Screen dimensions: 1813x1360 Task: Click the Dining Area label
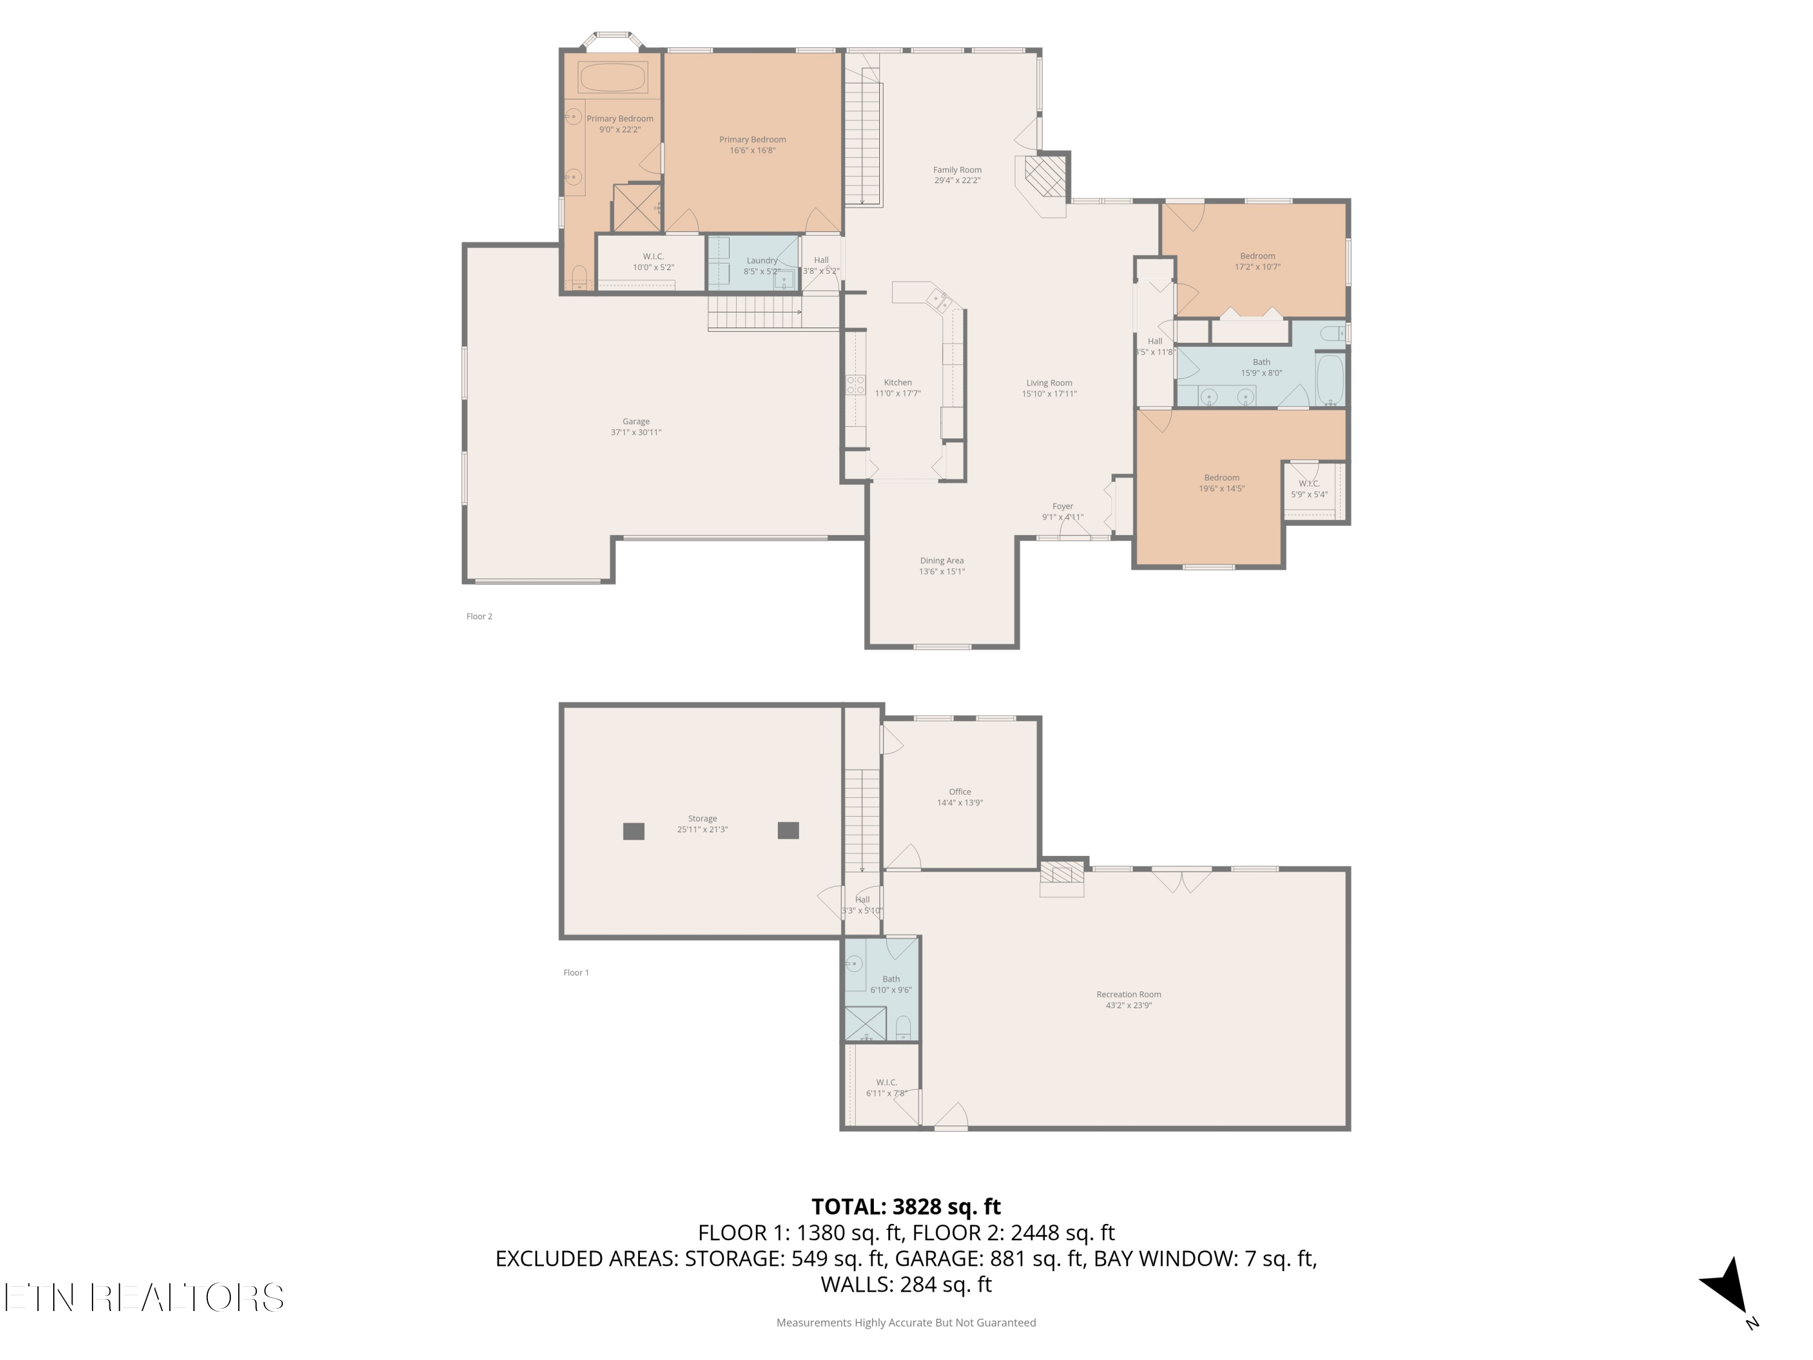942,566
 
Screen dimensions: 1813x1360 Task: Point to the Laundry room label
762,265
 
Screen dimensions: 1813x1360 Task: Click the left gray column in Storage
633,831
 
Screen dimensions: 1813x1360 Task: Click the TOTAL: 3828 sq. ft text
906,1206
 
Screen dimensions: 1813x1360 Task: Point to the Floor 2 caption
479,617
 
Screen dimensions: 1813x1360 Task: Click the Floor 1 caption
576,973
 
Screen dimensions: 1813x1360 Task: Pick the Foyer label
1063,511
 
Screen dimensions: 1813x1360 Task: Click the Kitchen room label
897,388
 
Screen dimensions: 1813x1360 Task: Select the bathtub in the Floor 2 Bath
1330,380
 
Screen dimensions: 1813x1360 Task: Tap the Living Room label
1049,389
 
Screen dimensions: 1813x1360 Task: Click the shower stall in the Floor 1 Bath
865,1024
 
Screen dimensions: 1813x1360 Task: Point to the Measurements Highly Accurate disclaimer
906,1323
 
